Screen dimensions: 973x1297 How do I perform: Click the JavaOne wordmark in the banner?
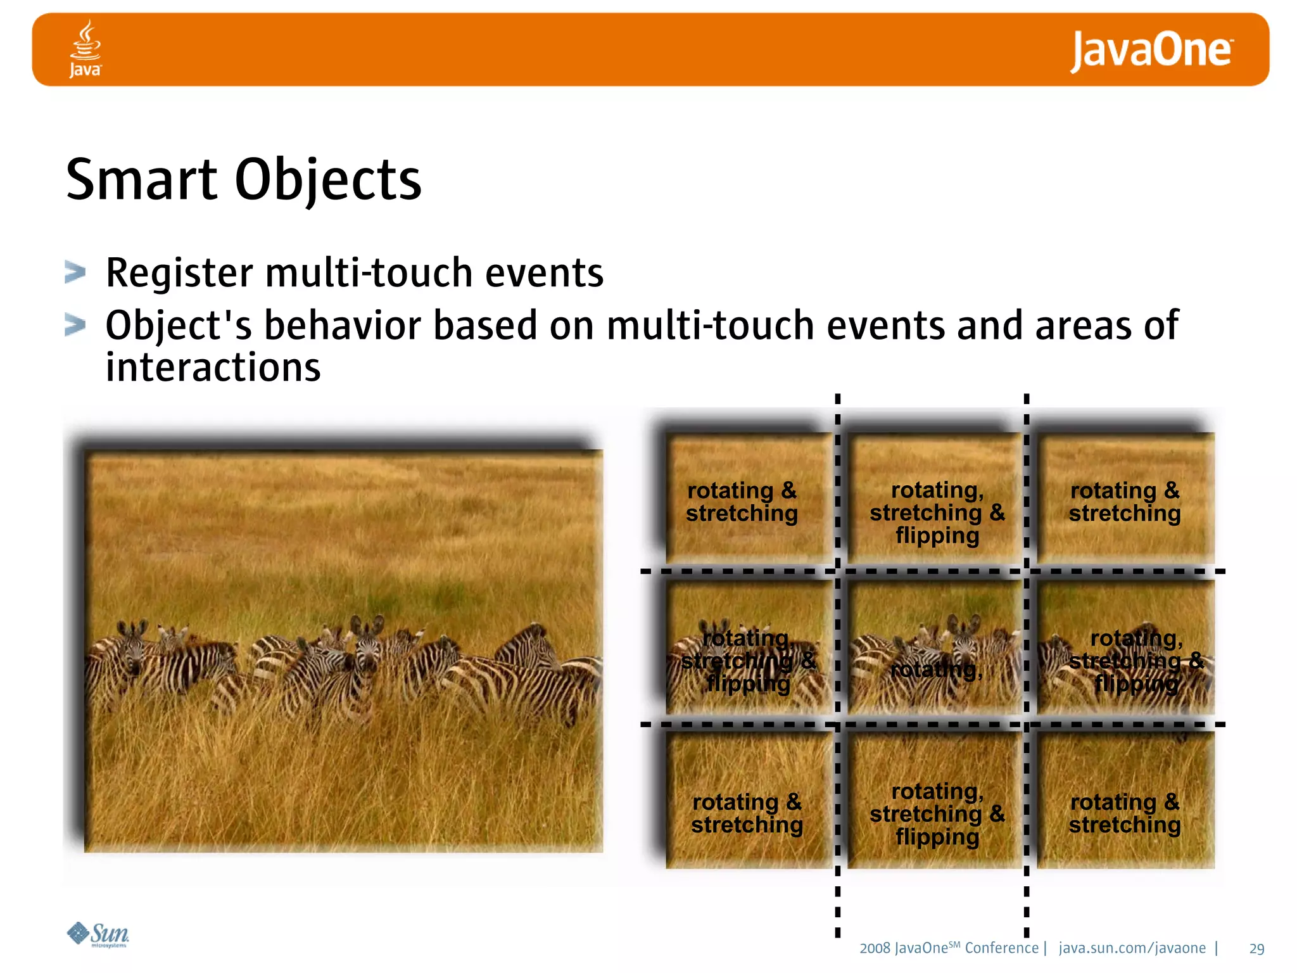[x=1151, y=51]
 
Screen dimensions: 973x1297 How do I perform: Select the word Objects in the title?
[x=328, y=181]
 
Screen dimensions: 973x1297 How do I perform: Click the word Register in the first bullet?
[x=179, y=273]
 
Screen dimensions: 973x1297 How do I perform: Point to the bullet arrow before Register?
[x=75, y=273]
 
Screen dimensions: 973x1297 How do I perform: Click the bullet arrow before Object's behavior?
[x=75, y=326]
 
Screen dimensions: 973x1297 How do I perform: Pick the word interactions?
[x=213, y=367]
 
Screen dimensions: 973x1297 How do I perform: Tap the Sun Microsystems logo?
[x=98, y=934]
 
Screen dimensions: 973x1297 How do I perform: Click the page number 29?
[x=1256, y=949]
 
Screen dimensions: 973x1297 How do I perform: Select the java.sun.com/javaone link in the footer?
[x=1132, y=948]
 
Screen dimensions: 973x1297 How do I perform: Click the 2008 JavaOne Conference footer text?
[x=948, y=948]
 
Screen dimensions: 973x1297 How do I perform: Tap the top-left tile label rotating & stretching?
[x=742, y=502]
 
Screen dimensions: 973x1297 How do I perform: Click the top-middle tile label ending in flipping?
[x=937, y=512]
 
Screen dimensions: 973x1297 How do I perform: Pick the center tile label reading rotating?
[x=936, y=670]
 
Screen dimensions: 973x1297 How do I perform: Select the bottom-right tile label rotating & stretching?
[x=1125, y=813]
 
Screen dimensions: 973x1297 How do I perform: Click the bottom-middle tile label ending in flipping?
[x=937, y=814]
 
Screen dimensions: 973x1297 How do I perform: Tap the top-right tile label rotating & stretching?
[x=1125, y=502]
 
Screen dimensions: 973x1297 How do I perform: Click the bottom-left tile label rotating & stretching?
[x=747, y=813]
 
